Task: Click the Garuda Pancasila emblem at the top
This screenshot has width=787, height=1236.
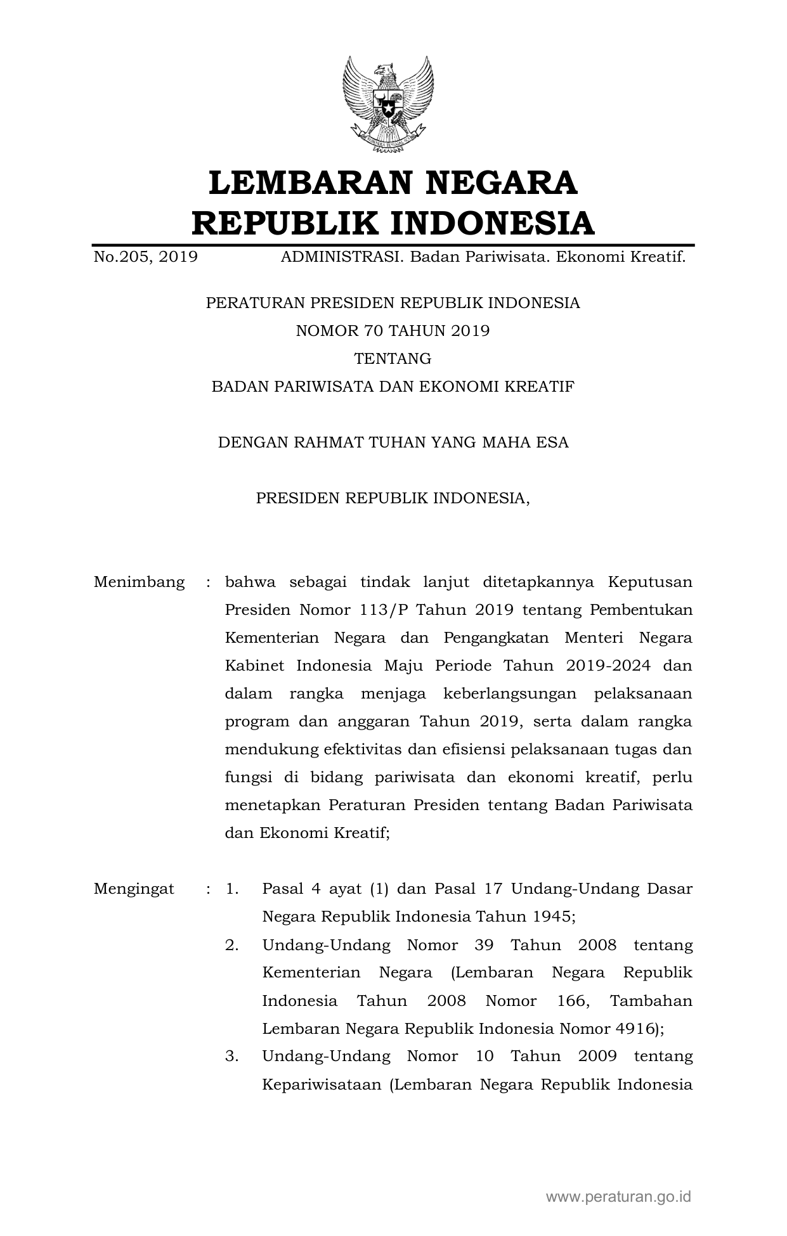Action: pos(388,105)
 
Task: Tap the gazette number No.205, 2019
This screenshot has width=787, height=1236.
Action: pos(145,257)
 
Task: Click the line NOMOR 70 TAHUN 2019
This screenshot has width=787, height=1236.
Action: pos(393,330)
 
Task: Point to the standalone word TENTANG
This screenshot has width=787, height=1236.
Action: pos(393,359)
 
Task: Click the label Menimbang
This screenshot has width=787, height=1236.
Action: pos(139,582)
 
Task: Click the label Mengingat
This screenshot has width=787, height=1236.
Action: pos(134,889)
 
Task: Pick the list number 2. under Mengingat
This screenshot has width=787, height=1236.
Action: pos(231,945)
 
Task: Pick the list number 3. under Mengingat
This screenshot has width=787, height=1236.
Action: pos(231,1056)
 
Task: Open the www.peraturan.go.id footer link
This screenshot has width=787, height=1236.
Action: pos(618,1197)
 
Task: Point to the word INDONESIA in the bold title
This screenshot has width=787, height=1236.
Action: pos(491,223)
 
